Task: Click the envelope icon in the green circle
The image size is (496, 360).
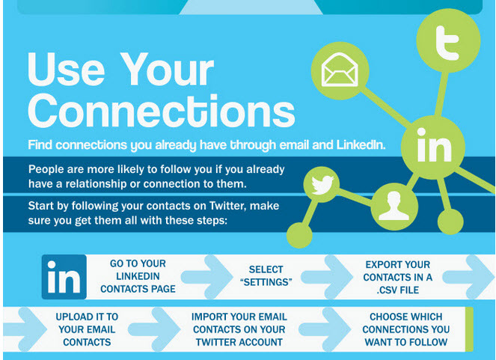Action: pyautogui.click(x=340, y=70)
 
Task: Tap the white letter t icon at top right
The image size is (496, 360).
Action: pyautogui.click(x=447, y=43)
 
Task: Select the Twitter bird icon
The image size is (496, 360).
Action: pyautogui.click(x=322, y=185)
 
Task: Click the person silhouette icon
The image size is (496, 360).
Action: pyautogui.click(x=394, y=206)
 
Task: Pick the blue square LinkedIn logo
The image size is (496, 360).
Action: pyautogui.click(x=64, y=277)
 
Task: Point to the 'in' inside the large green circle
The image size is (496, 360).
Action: pyautogui.click(x=434, y=145)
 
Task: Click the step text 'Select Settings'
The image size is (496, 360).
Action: pyautogui.click(x=266, y=275)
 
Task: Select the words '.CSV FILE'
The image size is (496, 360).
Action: pyautogui.click(x=397, y=290)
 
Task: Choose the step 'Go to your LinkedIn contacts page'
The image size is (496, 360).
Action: pyautogui.click(x=138, y=276)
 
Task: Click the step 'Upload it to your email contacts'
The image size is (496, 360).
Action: pyautogui.click(x=87, y=329)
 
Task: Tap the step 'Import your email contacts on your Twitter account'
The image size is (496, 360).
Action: pyautogui.click(x=239, y=329)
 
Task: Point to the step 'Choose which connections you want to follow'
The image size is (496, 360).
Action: pyautogui.click(x=405, y=329)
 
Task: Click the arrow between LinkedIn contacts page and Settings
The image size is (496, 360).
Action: pyautogui.click(x=207, y=277)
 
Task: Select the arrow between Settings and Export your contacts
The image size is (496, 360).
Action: pyautogui.click(x=327, y=277)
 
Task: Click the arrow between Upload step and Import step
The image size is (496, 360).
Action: pyautogui.click(x=154, y=329)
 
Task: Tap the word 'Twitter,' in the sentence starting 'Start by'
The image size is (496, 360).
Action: pyautogui.click(x=227, y=206)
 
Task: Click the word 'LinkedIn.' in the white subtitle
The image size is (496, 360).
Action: pyautogui.click(x=361, y=145)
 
